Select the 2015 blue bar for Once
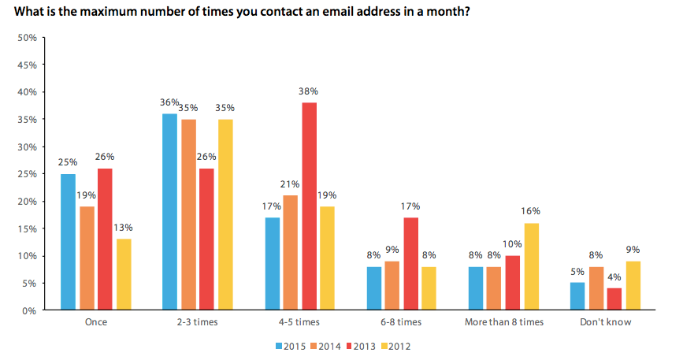[68, 242]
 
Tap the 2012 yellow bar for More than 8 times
[532, 266]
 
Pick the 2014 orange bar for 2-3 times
[188, 214]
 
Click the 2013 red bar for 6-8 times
[410, 264]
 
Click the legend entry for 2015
[291, 346]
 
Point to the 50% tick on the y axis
[28, 38]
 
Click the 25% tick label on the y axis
[28, 174]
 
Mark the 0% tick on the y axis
[30, 310]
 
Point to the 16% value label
[532, 212]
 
